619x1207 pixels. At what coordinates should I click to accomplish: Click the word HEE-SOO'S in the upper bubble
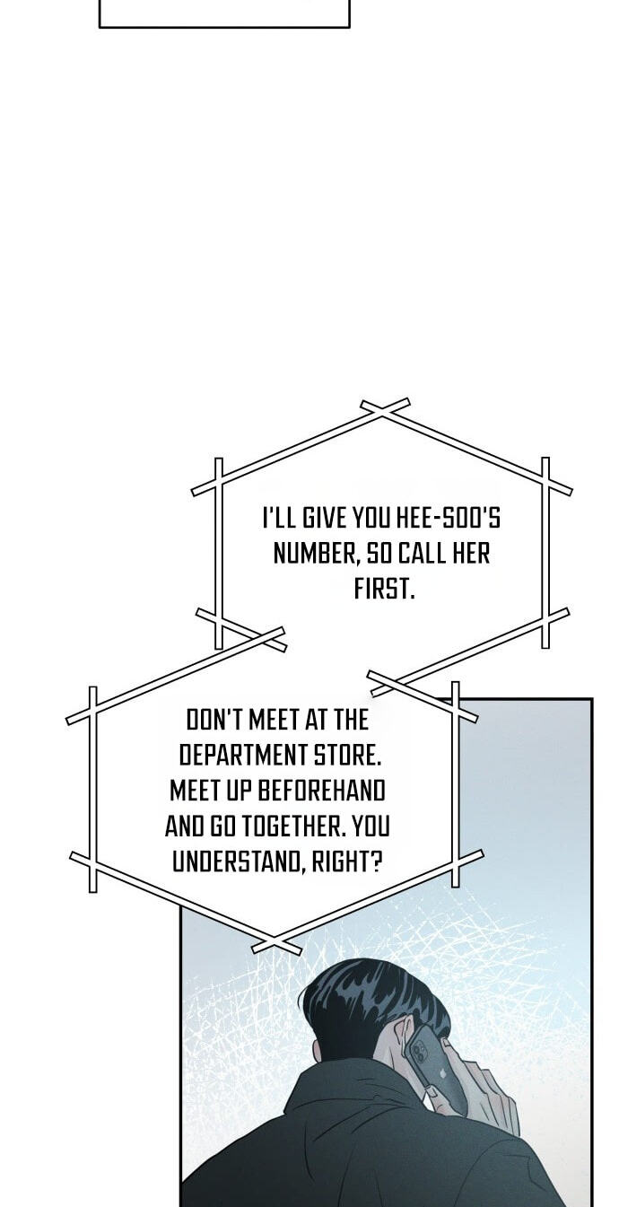[x=448, y=519]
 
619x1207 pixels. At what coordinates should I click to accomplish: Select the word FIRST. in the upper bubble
[x=384, y=589]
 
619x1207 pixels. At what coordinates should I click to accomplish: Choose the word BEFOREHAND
[x=322, y=791]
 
